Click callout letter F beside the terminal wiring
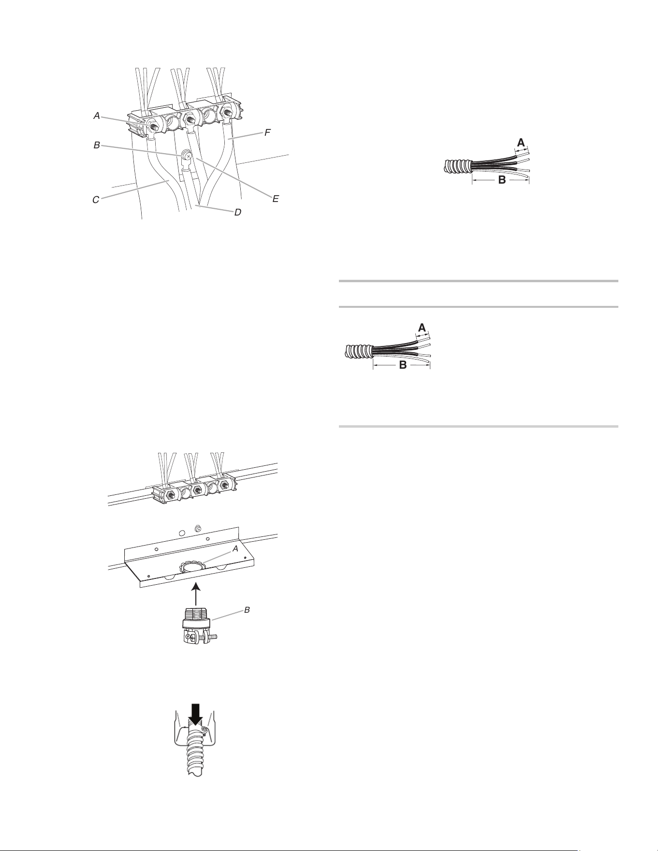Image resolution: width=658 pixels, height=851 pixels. point(267,132)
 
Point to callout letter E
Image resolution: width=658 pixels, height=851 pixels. point(276,199)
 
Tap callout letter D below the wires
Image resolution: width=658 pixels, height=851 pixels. point(237,212)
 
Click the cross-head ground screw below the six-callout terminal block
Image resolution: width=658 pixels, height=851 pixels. point(186,156)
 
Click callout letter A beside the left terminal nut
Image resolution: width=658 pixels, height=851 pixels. point(97,115)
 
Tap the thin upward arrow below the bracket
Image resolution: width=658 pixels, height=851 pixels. point(195,594)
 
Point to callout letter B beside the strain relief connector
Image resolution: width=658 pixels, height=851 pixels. point(247,610)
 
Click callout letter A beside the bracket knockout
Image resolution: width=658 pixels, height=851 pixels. point(235,549)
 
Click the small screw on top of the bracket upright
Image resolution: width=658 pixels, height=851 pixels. point(197,528)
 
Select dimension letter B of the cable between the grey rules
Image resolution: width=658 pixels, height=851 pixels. point(403,366)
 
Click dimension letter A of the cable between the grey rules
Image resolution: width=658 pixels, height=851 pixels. point(422,328)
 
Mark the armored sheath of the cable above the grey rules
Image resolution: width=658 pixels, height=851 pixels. point(458,166)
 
